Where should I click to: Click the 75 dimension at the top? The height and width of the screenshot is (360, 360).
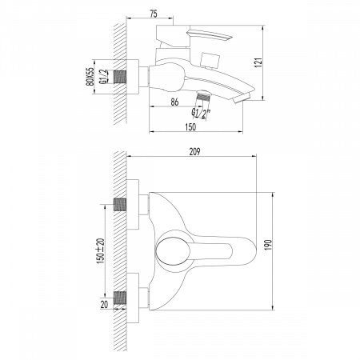[154, 14]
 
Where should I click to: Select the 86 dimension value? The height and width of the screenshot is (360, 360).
[174, 102]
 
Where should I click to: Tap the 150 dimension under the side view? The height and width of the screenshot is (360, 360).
[190, 127]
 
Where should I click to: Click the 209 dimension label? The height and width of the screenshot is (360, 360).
[194, 151]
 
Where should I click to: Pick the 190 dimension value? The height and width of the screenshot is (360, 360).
[268, 245]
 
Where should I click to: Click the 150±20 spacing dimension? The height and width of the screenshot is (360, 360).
[101, 251]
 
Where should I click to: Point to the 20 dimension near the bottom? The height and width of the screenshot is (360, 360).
[104, 305]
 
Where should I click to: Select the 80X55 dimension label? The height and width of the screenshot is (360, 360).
[90, 77]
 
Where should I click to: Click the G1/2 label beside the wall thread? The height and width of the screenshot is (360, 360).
[103, 77]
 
